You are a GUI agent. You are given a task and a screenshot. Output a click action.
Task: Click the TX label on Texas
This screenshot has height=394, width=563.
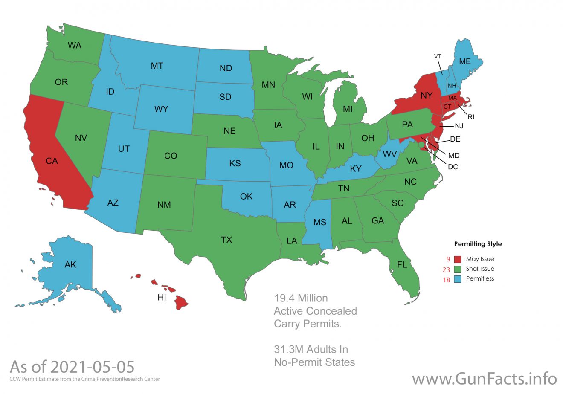tap(226, 240)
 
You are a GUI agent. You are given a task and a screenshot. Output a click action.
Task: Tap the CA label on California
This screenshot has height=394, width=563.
tap(52, 161)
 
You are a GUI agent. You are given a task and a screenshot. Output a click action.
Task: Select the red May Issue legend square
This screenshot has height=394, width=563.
tap(458, 259)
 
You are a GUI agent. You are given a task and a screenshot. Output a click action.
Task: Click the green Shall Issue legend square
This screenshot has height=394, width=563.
tap(458, 269)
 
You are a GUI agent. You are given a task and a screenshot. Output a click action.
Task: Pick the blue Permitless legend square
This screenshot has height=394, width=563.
tap(458, 279)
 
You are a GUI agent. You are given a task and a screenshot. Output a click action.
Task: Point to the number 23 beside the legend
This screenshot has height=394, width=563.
tap(447, 269)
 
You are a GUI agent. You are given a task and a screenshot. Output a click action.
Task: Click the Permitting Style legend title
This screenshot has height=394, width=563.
tap(478, 244)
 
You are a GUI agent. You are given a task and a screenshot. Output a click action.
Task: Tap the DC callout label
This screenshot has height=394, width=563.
tap(453, 167)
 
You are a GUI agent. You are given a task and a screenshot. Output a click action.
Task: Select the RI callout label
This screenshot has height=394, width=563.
tap(471, 117)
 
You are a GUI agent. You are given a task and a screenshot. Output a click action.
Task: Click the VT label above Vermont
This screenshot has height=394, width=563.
tap(438, 56)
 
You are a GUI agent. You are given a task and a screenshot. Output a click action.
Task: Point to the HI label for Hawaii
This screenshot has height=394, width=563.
tap(162, 298)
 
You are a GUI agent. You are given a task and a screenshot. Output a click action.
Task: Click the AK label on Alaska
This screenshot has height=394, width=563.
tap(70, 265)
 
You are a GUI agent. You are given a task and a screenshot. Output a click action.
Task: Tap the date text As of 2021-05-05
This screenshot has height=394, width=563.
tap(72, 367)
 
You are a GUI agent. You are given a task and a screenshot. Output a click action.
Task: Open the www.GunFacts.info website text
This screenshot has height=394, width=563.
tap(485, 379)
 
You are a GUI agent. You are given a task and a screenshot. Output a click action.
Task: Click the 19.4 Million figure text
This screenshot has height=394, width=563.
tap(301, 298)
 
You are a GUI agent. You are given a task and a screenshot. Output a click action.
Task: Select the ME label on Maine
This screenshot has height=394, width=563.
tap(465, 61)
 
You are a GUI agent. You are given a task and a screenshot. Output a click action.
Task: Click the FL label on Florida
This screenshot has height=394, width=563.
tap(402, 265)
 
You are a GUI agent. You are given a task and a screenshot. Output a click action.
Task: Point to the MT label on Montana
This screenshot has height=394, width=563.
tap(157, 66)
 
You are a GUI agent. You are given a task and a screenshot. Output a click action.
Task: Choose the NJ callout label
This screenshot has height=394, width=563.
tap(459, 126)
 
